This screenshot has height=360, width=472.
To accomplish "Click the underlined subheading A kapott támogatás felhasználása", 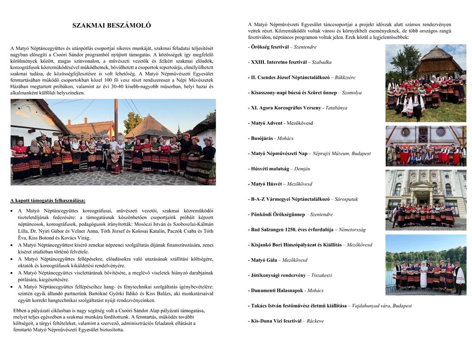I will pos(48,200).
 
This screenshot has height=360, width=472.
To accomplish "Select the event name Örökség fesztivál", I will pos(268,47).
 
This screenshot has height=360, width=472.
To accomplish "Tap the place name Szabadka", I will pos(322,62).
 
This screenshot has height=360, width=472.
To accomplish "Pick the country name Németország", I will pos(350,229).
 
